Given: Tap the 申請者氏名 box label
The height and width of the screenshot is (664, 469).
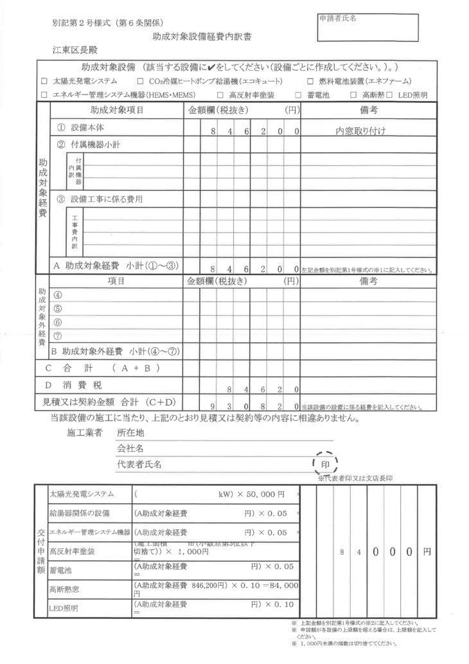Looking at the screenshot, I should pyautogui.click(x=338, y=18).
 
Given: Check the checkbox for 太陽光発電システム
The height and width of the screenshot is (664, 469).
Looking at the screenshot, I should pyautogui.click(x=44, y=82).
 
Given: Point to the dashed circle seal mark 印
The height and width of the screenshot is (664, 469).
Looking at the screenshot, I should pyautogui.click(x=324, y=463).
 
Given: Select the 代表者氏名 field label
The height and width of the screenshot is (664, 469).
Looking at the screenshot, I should pyautogui.click(x=139, y=463).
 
